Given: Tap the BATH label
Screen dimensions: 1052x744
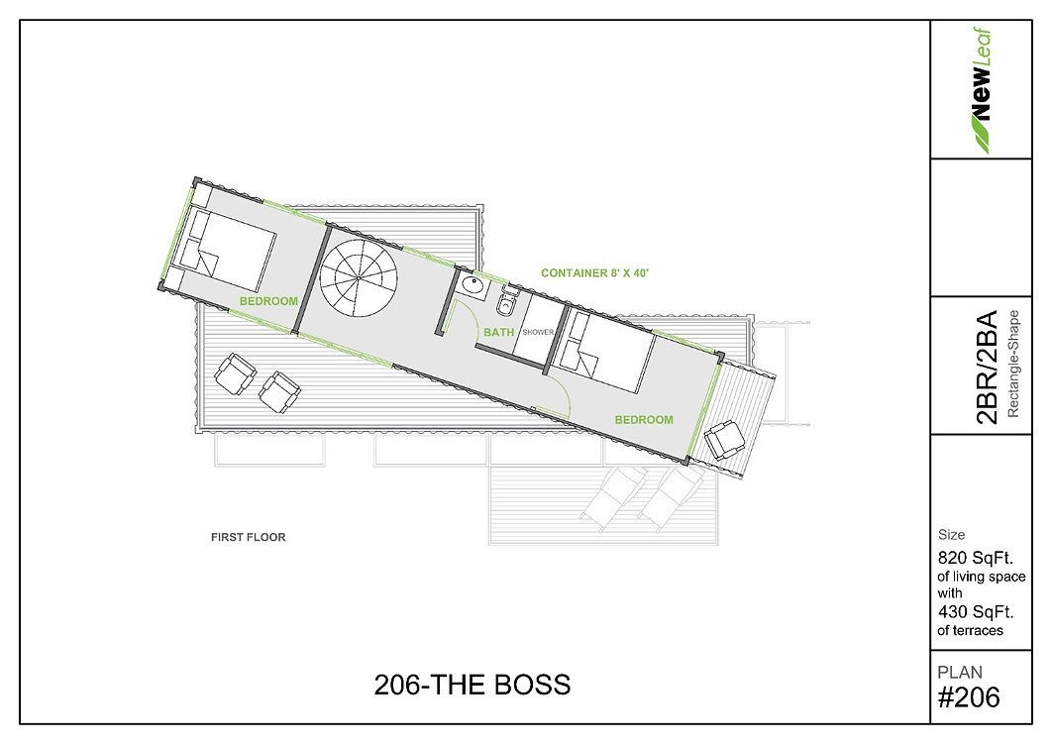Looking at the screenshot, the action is tap(498, 332).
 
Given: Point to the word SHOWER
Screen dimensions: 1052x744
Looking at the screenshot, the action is tap(538, 332).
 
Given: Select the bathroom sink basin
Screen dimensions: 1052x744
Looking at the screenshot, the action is tap(473, 285).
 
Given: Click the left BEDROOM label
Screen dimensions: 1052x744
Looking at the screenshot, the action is tap(268, 301).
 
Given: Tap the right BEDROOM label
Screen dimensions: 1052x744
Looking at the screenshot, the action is tap(644, 420).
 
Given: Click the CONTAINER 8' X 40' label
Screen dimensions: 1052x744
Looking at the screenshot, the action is tap(594, 273).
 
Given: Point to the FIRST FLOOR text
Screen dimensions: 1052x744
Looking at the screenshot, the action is tap(249, 537).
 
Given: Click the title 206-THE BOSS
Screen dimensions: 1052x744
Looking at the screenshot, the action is tap(473, 685).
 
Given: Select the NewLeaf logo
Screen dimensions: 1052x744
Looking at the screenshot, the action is tap(981, 91).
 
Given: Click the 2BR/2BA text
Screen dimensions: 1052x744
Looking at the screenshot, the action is tap(987, 367).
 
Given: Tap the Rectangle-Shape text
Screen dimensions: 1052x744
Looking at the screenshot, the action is tap(1013, 364).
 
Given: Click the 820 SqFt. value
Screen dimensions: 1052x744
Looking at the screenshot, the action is tap(975, 558).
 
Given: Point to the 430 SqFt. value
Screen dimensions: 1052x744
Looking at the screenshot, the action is tap(975, 612).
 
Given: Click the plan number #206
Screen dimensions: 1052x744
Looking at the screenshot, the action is tap(969, 697).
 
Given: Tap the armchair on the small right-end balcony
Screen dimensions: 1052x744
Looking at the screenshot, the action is tap(724, 439).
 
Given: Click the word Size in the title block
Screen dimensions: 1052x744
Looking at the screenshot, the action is tap(951, 535).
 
